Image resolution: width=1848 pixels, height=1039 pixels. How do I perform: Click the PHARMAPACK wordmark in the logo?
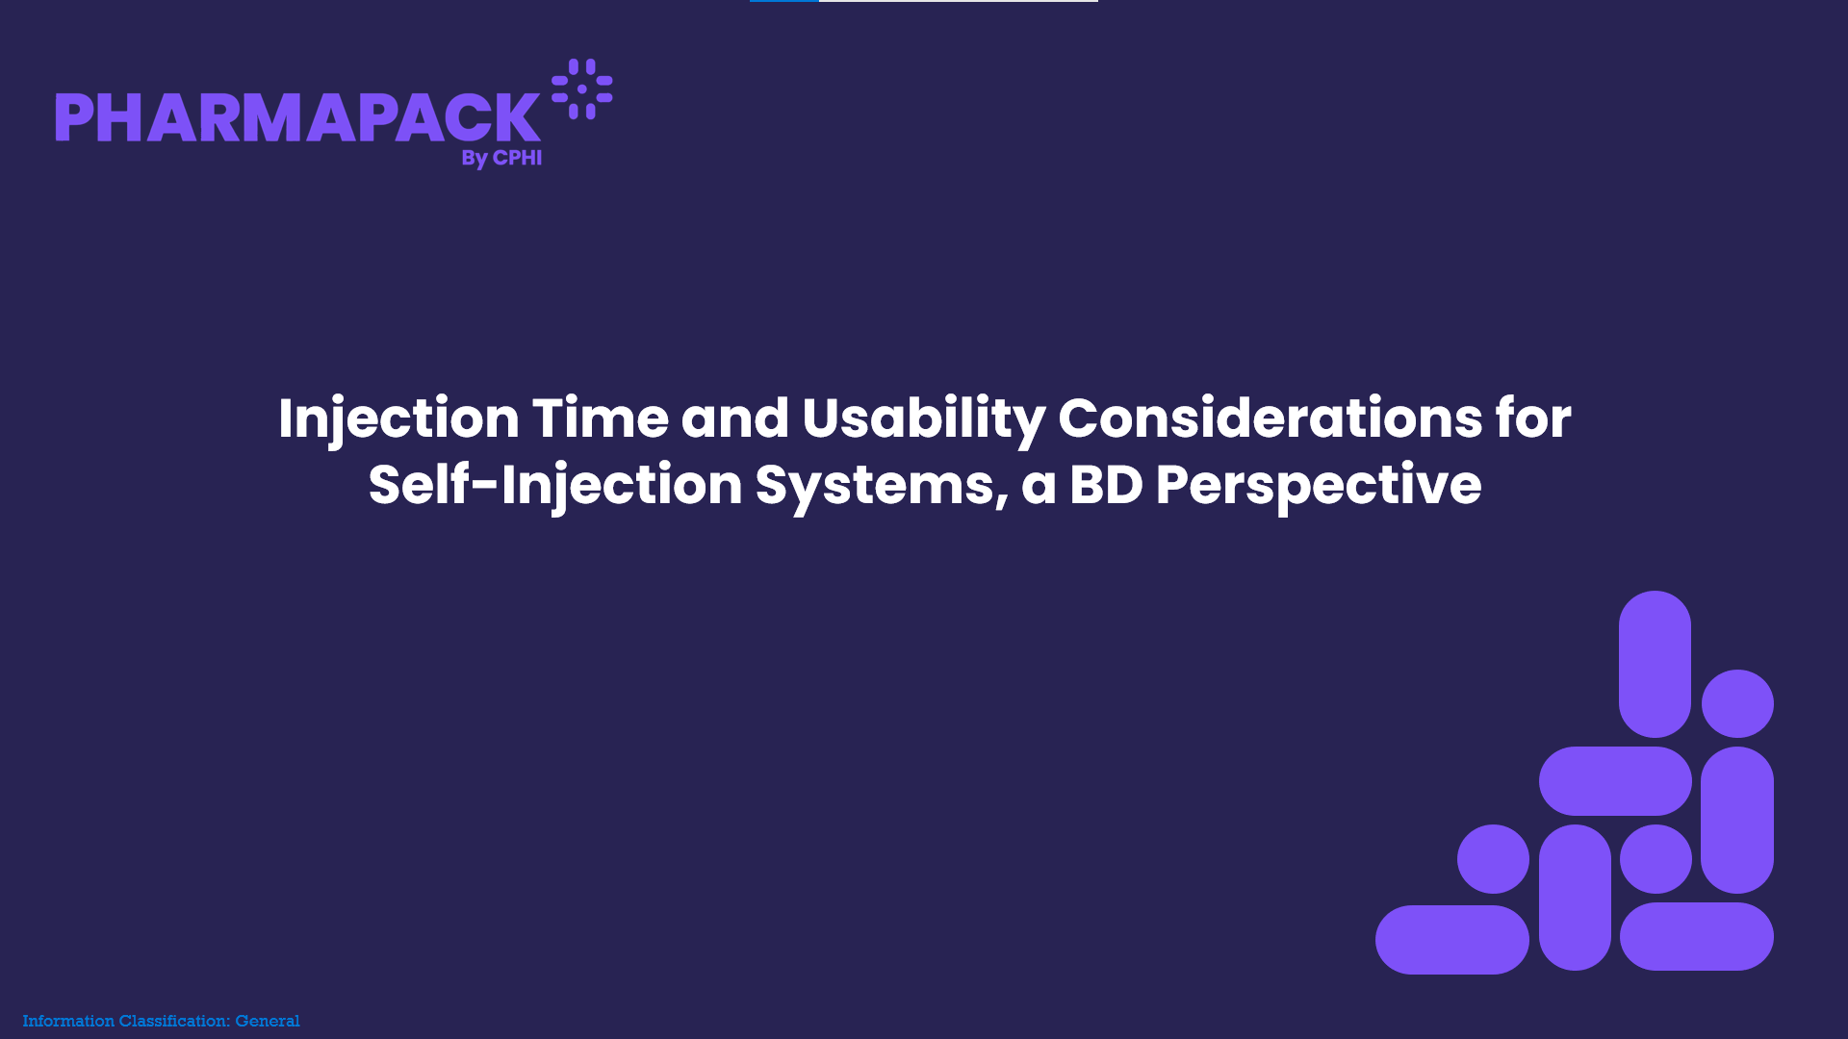297,117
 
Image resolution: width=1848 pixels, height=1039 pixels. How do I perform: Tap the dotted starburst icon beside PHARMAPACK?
582,89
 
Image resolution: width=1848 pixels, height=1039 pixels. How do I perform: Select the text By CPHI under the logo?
501,158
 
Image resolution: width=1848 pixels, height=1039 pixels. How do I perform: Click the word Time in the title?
600,418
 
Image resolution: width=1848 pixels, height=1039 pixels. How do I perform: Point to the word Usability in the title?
923,420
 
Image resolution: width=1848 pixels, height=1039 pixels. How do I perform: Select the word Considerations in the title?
1270,418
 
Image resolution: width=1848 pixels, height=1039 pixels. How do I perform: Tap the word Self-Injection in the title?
555,486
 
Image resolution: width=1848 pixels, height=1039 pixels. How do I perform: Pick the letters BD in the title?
1106,485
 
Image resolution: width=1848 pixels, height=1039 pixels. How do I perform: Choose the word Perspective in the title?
1319,486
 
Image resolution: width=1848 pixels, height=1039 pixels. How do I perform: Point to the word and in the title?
735,418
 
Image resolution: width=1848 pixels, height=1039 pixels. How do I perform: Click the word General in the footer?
268,1021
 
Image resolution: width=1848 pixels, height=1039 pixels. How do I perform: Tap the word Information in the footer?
68,1021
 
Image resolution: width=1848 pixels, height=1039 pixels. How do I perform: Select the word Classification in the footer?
174,1021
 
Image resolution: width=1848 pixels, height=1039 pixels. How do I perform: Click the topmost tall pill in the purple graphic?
1655,664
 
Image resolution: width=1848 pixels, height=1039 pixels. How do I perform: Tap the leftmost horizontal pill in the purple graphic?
1452,940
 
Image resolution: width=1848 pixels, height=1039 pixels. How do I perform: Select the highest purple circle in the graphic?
1737,703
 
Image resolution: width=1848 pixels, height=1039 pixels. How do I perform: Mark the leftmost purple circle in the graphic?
1493,859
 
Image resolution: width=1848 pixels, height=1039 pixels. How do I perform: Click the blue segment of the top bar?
784,1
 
